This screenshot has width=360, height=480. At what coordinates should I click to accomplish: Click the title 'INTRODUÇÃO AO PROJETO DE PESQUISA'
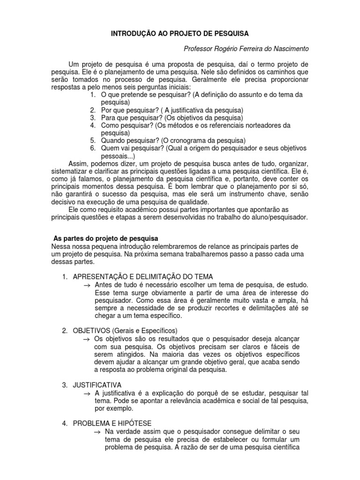pos(180,34)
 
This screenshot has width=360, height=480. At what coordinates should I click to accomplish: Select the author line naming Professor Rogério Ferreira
pos(246,49)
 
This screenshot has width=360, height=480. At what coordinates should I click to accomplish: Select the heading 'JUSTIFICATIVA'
pos(97,385)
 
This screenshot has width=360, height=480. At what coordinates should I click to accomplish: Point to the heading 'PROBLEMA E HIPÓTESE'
pos(112,423)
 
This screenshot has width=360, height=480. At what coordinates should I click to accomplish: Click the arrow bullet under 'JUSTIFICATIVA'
pos(87,393)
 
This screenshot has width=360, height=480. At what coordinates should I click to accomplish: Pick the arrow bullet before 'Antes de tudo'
pos(87,285)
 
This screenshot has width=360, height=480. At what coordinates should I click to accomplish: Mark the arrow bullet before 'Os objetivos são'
pos(87,339)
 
